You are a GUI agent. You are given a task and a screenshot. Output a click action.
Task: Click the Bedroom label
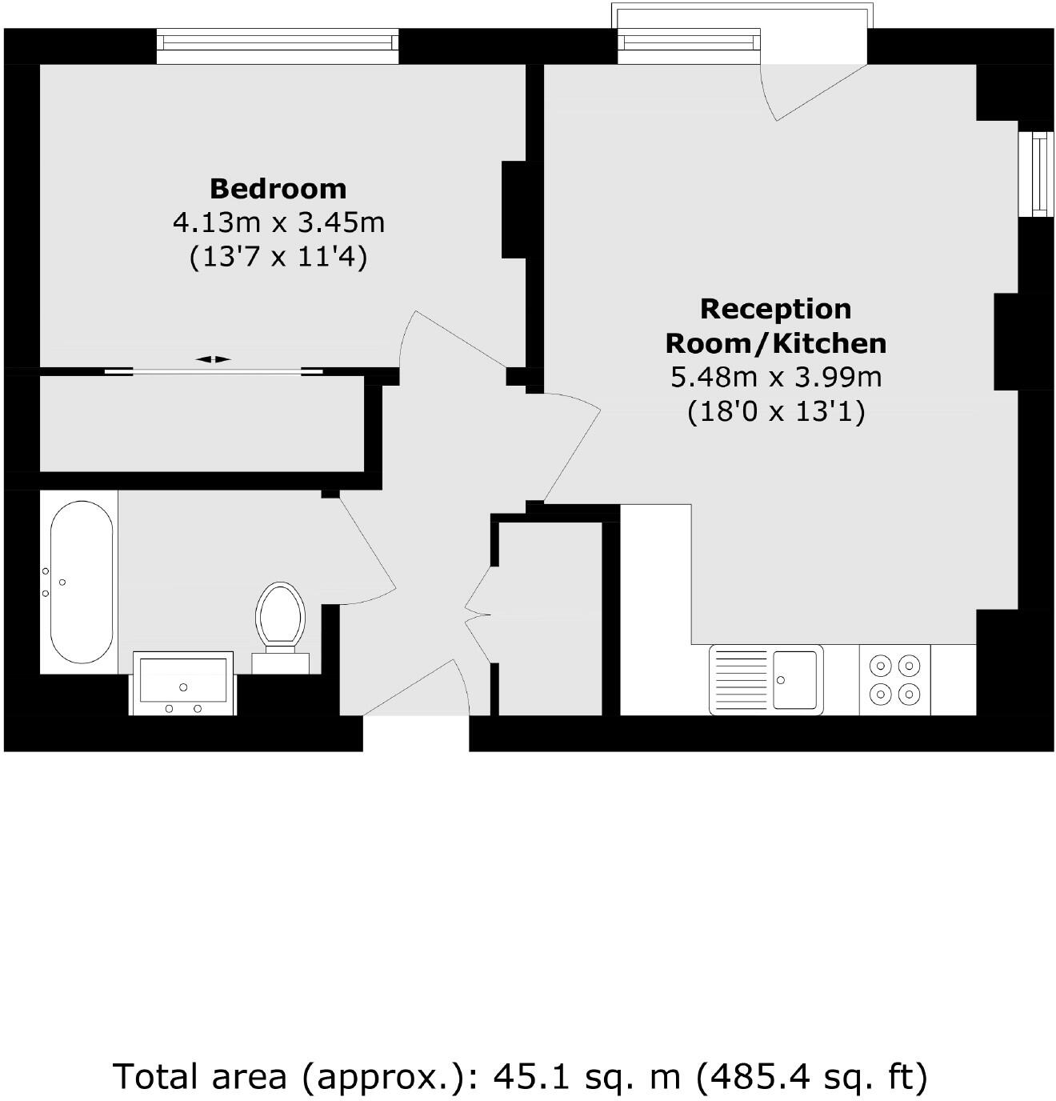(x=278, y=189)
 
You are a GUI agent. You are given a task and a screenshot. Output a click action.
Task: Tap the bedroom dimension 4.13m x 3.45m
(x=278, y=222)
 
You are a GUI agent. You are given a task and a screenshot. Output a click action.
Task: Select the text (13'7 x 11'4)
(x=278, y=258)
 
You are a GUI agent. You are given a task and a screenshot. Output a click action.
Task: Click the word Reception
(x=775, y=309)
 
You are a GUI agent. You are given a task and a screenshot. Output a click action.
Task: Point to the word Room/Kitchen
(x=775, y=343)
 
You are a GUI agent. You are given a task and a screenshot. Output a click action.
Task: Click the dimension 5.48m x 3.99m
(x=775, y=377)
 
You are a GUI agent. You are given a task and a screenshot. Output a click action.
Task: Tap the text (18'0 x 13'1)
(x=775, y=412)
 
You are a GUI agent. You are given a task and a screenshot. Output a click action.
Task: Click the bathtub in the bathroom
(x=82, y=582)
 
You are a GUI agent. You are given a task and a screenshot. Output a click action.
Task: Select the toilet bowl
(x=280, y=615)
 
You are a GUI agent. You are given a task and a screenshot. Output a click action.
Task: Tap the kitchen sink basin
(x=794, y=679)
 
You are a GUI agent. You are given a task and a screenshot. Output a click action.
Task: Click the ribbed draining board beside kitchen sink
(x=741, y=679)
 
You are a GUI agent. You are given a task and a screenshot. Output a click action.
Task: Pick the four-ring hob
(x=895, y=679)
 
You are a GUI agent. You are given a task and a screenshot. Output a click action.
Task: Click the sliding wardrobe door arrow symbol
(x=213, y=360)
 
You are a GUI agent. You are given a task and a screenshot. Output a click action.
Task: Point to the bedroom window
(x=277, y=46)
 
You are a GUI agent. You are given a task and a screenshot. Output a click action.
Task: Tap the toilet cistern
(x=280, y=663)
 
